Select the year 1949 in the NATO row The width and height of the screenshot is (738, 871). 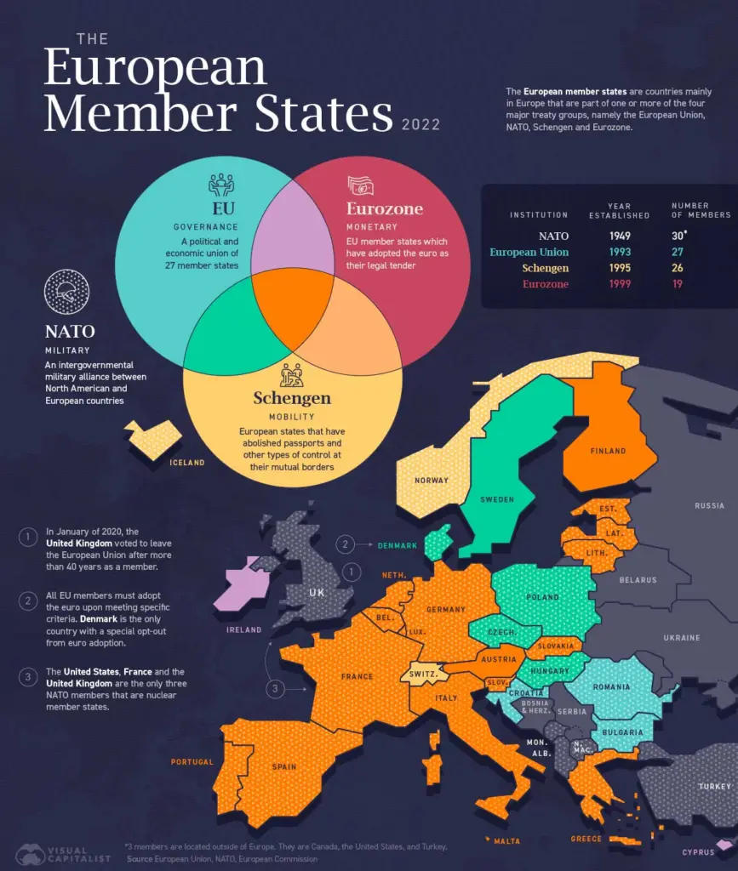click(x=619, y=236)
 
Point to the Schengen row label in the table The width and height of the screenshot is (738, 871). click(x=546, y=269)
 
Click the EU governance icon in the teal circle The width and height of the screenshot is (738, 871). click(x=220, y=185)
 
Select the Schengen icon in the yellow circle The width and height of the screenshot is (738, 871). click(x=292, y=374)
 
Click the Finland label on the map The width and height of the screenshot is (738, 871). click(x=608, y=451)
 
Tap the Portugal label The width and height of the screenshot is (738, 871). click(x=192, y=761)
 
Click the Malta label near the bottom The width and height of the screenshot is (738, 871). click(x=506, y=841)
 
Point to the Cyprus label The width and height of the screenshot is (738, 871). click(x=698, y=851)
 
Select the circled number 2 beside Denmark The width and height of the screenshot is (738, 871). click(x=346, y=544)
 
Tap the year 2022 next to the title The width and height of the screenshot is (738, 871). click(x=420, y=125)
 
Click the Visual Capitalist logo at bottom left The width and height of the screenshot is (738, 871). click(x=64, y=853)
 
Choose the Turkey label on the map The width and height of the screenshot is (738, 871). click(x=714, y=787)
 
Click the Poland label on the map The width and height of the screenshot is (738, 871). click(x=543, y=598)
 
